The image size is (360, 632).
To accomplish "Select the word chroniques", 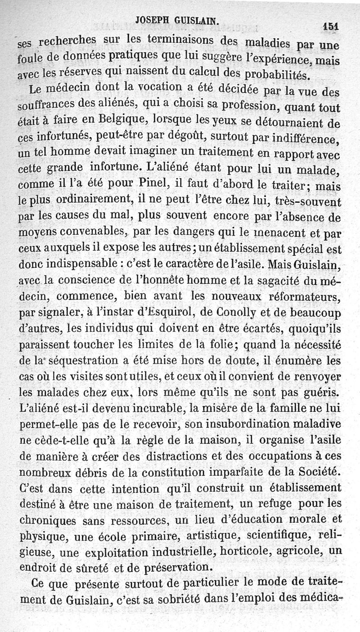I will point(49,521).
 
